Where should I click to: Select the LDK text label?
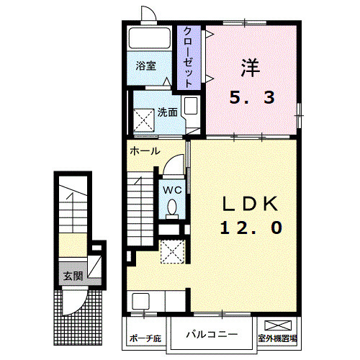tap(249, 204)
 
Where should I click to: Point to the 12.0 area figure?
tap(251, 228)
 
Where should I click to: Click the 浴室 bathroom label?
tap(146, 66)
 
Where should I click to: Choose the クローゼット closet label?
tap(188, 58)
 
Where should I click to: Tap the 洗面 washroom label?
tap(168, 112)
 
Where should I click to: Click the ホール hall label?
tap(145, 152)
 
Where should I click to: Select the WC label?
tap(171, 189)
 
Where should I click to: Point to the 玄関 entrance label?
tap(72, 276)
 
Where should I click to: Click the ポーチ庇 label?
tap(145, 338)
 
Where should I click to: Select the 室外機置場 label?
tap(278, 338)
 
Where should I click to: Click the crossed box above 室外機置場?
tap(278, 325)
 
